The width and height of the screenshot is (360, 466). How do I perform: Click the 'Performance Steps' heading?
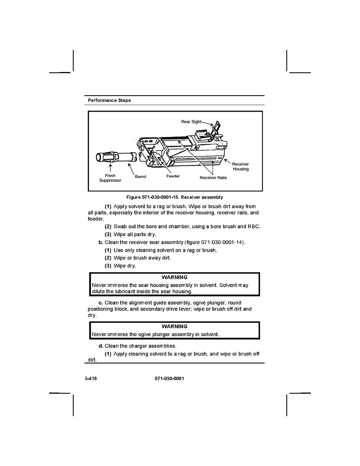click(109, 100)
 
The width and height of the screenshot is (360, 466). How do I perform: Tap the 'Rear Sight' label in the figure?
click(191, 121)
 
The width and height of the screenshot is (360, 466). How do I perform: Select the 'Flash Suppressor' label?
click(110, 178)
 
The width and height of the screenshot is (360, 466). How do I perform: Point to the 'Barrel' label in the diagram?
click(140, 177)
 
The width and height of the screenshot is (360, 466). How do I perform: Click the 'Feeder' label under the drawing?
click(173, 176)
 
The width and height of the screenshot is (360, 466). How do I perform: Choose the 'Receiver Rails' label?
click(213, 178)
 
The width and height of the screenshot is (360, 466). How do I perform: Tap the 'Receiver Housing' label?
click(241, 166)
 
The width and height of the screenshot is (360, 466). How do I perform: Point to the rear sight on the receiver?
click(217, 128)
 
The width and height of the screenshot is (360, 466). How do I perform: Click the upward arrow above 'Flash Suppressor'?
click(110, 168)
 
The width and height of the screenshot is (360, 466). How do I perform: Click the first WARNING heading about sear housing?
click(175, 277)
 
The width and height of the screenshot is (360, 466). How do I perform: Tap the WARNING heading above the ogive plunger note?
click(175, 326)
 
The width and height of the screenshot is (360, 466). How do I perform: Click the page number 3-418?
click(91, 378)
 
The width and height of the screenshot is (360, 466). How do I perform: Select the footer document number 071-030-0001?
click(169, 378)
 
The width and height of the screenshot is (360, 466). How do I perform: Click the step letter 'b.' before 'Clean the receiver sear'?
click(101, 242)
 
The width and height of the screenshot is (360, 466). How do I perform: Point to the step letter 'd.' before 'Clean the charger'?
click(101, 346)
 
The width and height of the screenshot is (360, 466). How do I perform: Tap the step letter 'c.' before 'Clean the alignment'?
click(101, 303)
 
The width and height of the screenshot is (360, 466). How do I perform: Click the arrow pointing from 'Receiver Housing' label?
click(227, 162)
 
